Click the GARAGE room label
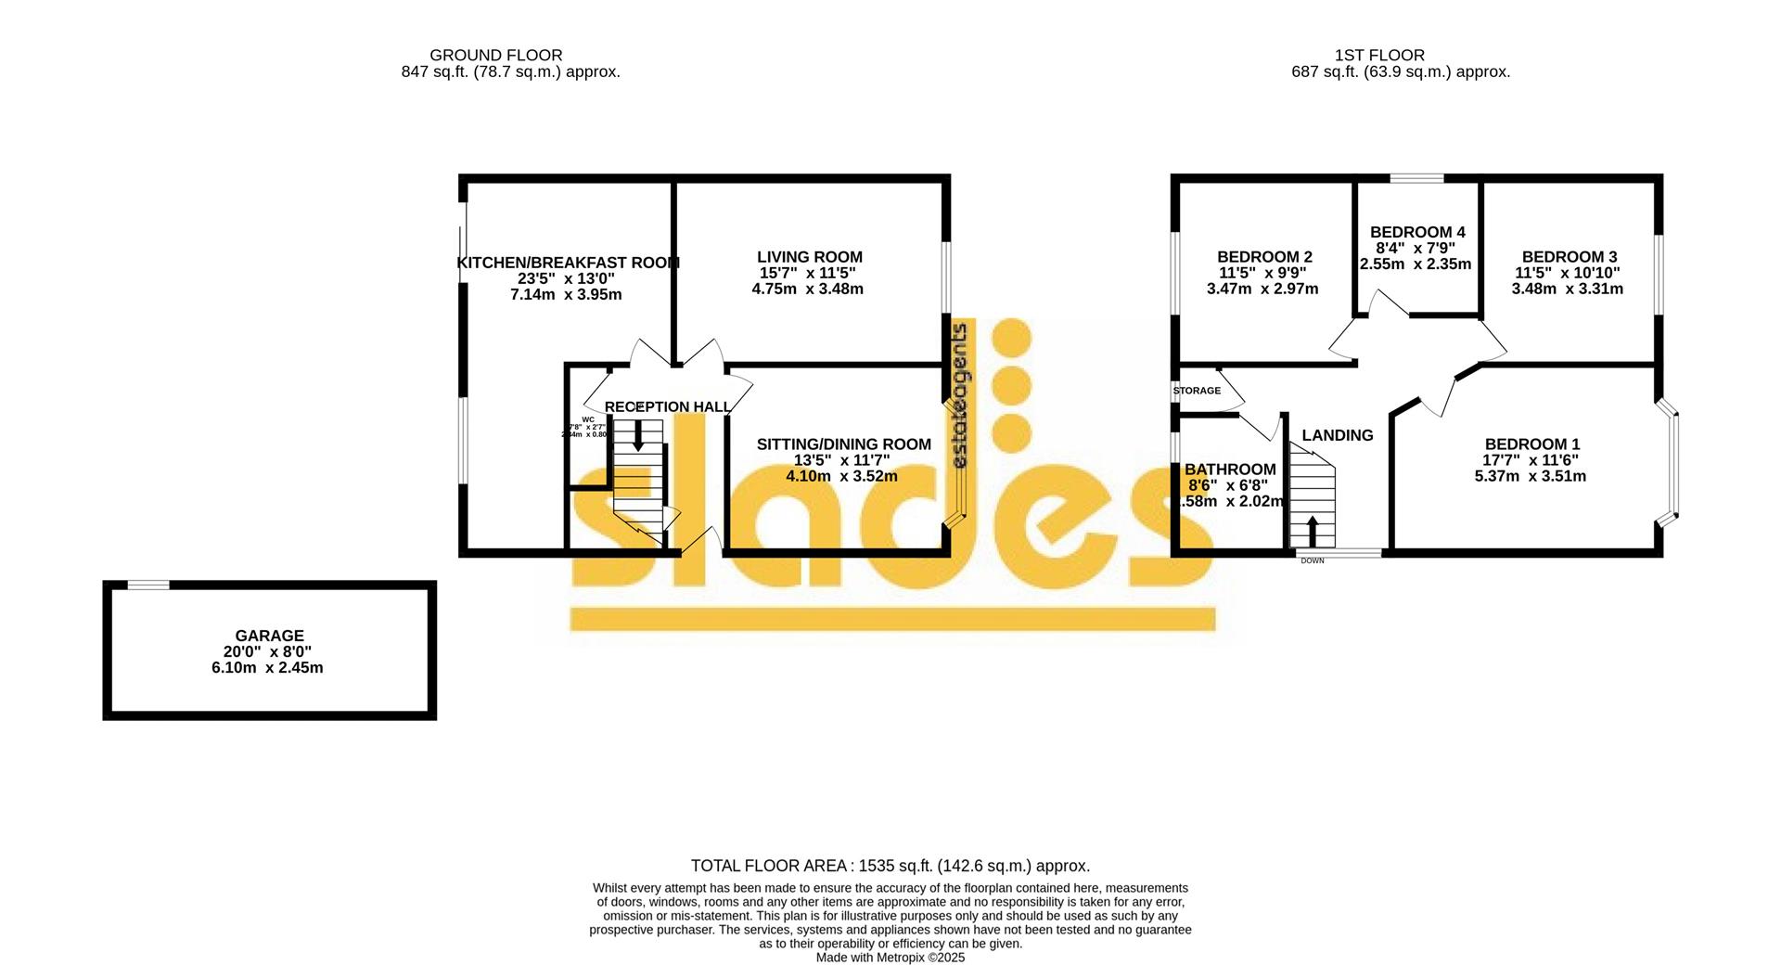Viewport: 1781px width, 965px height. pyautogui.click(x=269, y=636)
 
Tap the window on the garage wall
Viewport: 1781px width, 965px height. pyautogui.click(x=148, y=585)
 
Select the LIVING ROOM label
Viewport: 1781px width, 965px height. pyautogui.click(x=809, y=257)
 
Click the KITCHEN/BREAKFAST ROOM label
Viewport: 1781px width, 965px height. pyautogui.click(x=568, y=263)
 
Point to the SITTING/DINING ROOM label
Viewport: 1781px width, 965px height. pyautogui.click(x=843, y=444)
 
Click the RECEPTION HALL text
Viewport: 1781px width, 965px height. pyautogui.click(x=668, y=406)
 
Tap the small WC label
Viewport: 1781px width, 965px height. pyautogui.click(x=588, y=419)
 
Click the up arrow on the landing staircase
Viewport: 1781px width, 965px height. pyautogui.click(x=1312, y=531)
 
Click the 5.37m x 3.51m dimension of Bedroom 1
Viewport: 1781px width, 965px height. pyautogui.click(x=1530, y=476)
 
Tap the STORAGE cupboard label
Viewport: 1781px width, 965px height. pyautogui.click(x=1197, y=391)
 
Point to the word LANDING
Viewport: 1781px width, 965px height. pyautogui.click(x=1337, y=435)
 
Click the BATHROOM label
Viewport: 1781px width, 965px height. pyautogui.click(x=1230, y=470)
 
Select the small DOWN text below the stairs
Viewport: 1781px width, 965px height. pyautogui.click(x=1312, y=560)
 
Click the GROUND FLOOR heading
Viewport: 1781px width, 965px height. pyautogui.click(x=495, y=56)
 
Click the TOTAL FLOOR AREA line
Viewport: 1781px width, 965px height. pyautogui.click(x=890, y=866)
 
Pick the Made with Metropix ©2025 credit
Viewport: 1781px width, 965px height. pyautogui.click(x=890, y=957)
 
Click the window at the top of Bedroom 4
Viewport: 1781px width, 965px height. pyautogui.click(x=1416, y=178)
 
